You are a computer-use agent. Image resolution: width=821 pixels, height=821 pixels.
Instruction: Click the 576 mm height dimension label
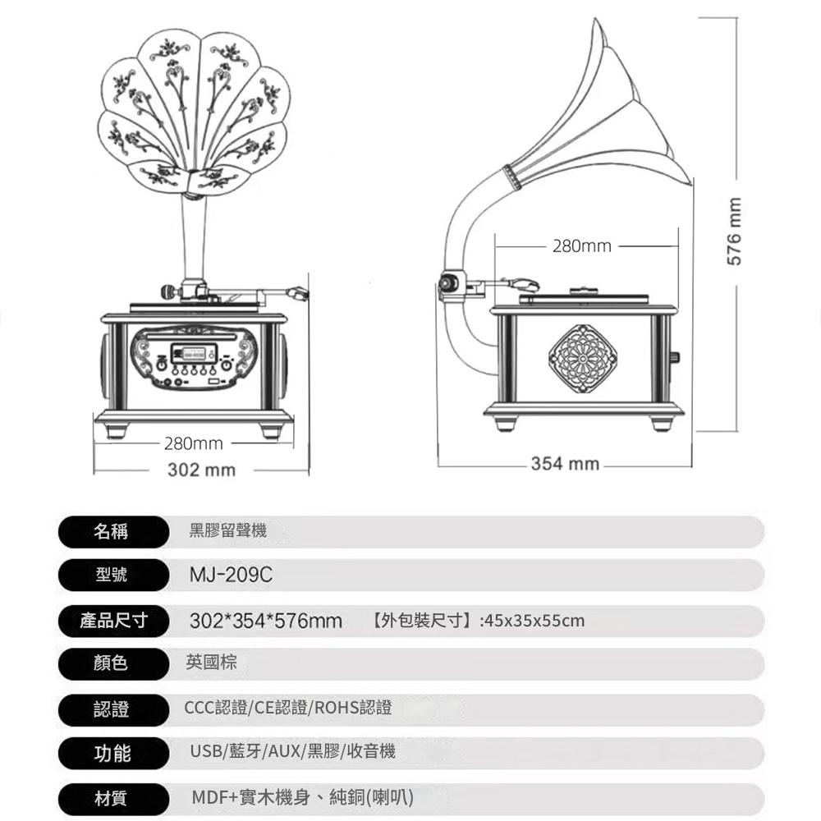tap(735, 232)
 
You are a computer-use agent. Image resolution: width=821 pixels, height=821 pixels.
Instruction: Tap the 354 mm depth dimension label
tap(565, 463)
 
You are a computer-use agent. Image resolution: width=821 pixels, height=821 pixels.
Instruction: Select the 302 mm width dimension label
tap(202, 470)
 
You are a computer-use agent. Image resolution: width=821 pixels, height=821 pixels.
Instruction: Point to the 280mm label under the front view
tap(194, 443)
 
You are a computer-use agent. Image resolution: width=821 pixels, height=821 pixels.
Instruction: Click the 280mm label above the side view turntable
tap(582, 245)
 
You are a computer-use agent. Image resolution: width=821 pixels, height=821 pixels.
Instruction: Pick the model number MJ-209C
tap(231, 575)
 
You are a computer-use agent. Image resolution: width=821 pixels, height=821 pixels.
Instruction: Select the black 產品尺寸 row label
tap(112, 621)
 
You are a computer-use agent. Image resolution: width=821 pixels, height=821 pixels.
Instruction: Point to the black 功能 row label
tap(112, 753)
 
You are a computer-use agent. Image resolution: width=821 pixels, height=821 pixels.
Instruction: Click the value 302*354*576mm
tap(266, 621)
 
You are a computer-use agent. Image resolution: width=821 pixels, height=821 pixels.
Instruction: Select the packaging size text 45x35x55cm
tap(534, 621)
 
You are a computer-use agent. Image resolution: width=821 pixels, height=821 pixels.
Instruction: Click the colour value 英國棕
tap(212, 663)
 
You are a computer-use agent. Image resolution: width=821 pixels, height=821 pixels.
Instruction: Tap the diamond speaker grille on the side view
tap(582, 359)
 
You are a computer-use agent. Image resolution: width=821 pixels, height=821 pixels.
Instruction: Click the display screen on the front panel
tap(194, 353)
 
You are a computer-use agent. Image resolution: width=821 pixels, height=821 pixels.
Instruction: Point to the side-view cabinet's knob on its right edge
tap(676, 357)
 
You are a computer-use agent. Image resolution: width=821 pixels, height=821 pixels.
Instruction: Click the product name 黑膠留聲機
tap(227, 530)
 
